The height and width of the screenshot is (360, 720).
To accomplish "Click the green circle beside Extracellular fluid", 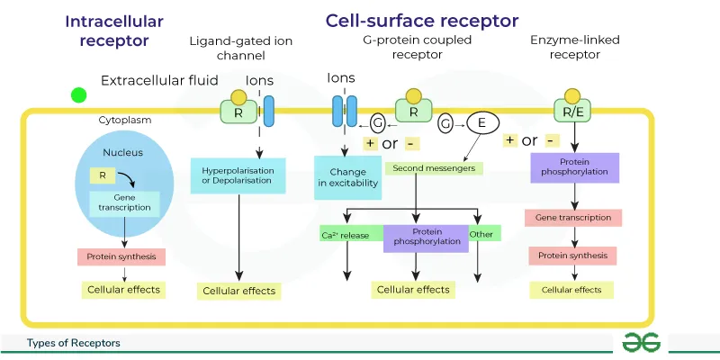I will point(79,94).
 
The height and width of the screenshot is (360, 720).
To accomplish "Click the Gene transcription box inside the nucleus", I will point(125,202).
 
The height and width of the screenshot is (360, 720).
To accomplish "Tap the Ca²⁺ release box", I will point(346,235).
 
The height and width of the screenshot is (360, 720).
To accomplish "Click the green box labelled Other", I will point(484,234).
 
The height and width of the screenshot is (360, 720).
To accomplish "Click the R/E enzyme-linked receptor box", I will point(572,112).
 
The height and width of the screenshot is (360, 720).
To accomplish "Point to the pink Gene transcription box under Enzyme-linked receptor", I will point(573,218).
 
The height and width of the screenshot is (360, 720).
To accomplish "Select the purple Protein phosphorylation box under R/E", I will point(571,166).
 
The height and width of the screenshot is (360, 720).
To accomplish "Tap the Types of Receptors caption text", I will point(74,344).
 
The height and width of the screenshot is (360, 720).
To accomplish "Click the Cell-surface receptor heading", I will point(421,20).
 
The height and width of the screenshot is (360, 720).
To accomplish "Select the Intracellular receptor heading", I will point(113,31).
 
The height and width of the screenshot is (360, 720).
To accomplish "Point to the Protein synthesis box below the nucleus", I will point(121,256).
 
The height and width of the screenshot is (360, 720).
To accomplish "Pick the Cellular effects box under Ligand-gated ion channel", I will point(238,291).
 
